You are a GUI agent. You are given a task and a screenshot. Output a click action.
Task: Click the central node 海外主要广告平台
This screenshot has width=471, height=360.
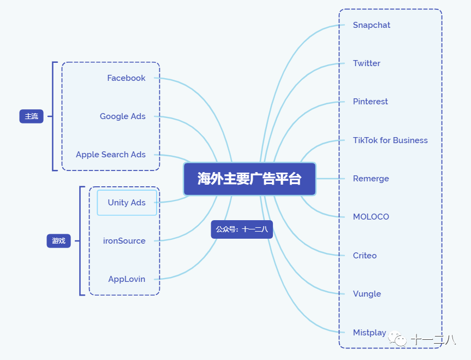tap(249, 179)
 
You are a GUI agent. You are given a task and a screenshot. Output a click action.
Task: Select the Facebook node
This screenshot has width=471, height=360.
tap(126, 78)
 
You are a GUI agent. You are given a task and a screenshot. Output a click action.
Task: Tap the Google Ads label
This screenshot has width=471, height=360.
tap(123, 116)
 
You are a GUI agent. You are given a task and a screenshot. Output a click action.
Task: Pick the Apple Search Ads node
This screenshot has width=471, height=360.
tap(111, 155)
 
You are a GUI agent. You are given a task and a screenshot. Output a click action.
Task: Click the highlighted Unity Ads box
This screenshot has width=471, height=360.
tap(127, 203)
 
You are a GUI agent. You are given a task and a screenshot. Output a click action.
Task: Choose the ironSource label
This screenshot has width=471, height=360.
tap(124, 241)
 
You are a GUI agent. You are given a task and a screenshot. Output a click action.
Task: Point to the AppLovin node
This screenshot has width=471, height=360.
tap(127, 279)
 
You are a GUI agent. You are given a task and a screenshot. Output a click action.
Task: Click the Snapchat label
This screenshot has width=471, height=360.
tap(372, 25)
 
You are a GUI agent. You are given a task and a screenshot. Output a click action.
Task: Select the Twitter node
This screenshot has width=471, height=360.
tap(367, 63)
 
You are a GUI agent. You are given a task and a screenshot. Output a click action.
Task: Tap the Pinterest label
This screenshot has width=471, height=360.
tap(371, 102)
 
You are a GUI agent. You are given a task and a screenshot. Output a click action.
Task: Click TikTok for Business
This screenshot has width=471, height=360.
tap(390, 140)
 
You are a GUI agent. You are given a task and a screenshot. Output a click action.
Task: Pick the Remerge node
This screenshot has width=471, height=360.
tap(371, 179)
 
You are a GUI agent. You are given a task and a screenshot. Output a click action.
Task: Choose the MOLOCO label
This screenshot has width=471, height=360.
tap(371, 217)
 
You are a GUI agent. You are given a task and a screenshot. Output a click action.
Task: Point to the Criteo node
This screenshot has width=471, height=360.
tap(365, 256)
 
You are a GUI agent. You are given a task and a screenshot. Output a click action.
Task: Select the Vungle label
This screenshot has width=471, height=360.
tap(367, 294)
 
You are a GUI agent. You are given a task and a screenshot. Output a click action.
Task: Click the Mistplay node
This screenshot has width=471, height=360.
tap(369, 333)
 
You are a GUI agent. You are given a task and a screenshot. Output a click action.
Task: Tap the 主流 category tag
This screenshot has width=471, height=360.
tap(31, 116)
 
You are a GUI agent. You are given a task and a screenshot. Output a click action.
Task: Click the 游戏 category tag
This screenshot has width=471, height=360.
tap(58, 241)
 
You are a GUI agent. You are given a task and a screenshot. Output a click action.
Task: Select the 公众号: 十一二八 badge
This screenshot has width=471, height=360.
tap(242, 229)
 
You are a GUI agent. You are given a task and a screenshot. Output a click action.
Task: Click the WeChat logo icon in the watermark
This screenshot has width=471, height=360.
tap(400, 340)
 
